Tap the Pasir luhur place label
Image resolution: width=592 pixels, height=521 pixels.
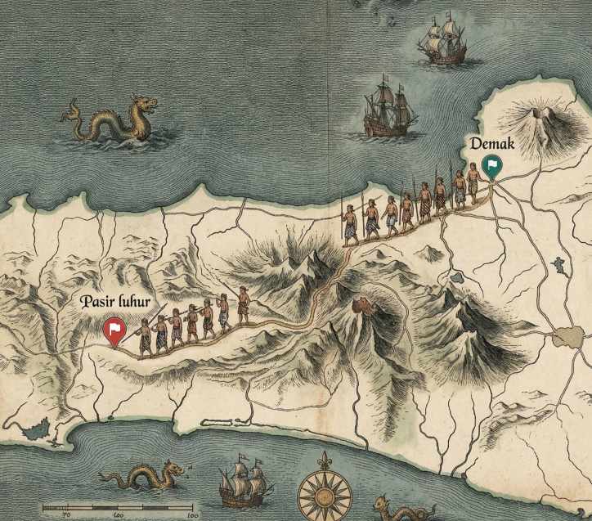tap(120, 302)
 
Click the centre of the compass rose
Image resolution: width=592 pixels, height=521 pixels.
tap(325, 494)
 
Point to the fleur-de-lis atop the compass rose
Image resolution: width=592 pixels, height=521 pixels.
tap(325, 459)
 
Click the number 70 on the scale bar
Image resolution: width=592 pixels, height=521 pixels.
tap(66, 515)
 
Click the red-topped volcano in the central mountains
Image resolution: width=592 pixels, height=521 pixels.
tap(361, 307)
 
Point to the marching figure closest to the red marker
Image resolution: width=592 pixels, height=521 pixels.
tap(145, 335)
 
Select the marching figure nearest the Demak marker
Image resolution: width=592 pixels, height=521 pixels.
tap(473, 184)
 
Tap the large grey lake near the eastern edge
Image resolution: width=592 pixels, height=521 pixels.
tap(567, 336)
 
